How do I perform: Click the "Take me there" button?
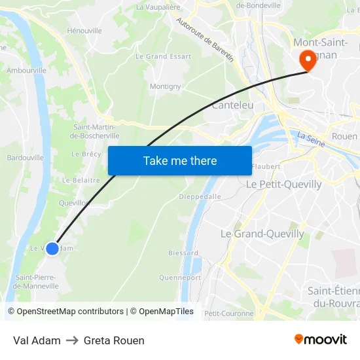[x=180, y=160]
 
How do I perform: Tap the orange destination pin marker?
[x=306, y=61]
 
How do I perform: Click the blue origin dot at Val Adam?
[x=52, y=248]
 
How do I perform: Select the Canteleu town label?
[x=232, y=105]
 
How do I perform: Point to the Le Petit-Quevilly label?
[x=283, y=185]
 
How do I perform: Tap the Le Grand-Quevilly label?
[x=262, y=234]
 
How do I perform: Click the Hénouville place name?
[x=84, y=31]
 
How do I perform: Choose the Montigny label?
[x=165, y=86]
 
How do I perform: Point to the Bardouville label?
[x=25, y=158]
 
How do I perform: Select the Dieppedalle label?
[x=200, y=196]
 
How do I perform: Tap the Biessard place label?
[x=183, y=253]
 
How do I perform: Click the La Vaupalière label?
[x=158, y=7]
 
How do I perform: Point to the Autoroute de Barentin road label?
[x=205, y=39]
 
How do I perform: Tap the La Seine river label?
[x=311, y=139]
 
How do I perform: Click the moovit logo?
[x=320, y=340]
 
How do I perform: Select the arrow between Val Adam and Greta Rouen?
[x=72, y=340]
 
